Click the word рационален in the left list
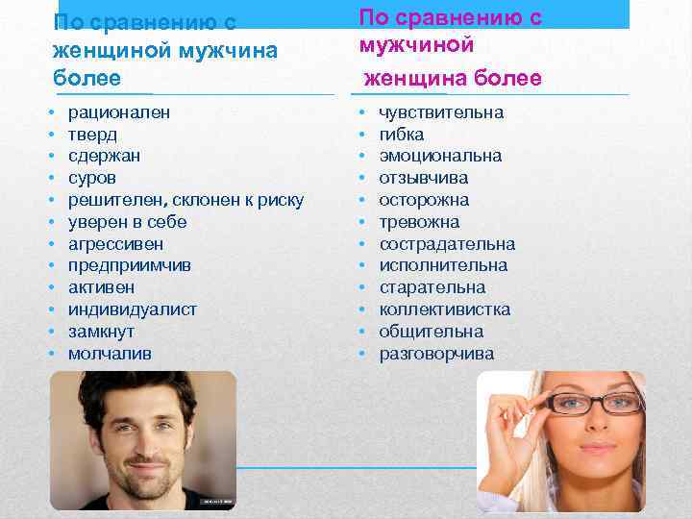pyautogui.click(x=119, y=112)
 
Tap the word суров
pyautogui.click(x=92, y=178)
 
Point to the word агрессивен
pyautogui.click(x=115, y=244)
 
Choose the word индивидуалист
pyautogui.click(x=132, y=309)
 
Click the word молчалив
pyautogui.click(x=110, y=354)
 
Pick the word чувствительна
pyautogui.click(x=441, y=112)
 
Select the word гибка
pyautogui.click(x=401, y=135)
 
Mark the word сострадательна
pyautogui.click(x=447, y=244)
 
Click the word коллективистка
pyautogui.click(x=445, y=309)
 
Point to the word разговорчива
pyautogui.click(x=436, y=354)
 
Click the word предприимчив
pyautogui.click(x=127, y=265)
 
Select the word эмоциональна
pyautogui.click(x=440, y=156)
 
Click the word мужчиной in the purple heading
pyautogui.click(x=416, y=45)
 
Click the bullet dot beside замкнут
pyautogui.click(x=48, y=332)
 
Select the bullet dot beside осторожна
pyautogui.click(x=361, y=200)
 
